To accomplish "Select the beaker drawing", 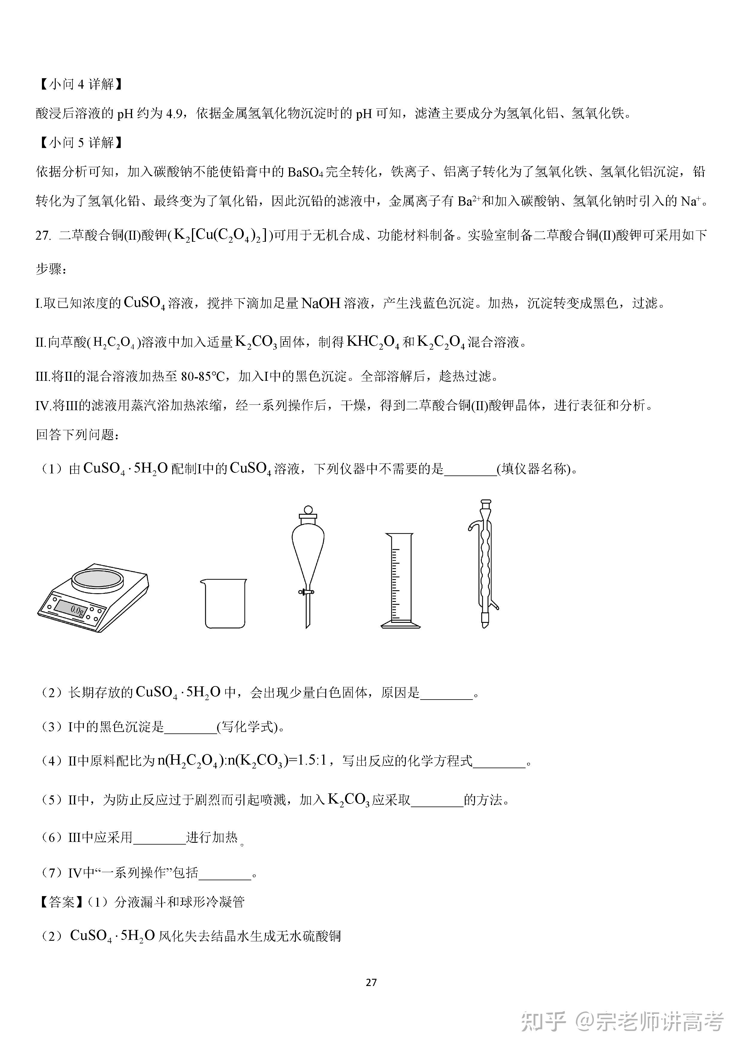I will pos(223,603).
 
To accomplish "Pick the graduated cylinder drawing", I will pos(400,580).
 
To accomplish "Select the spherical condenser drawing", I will pos(484,563).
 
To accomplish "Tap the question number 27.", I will pos(43,236).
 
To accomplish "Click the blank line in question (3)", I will pos(190,727).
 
